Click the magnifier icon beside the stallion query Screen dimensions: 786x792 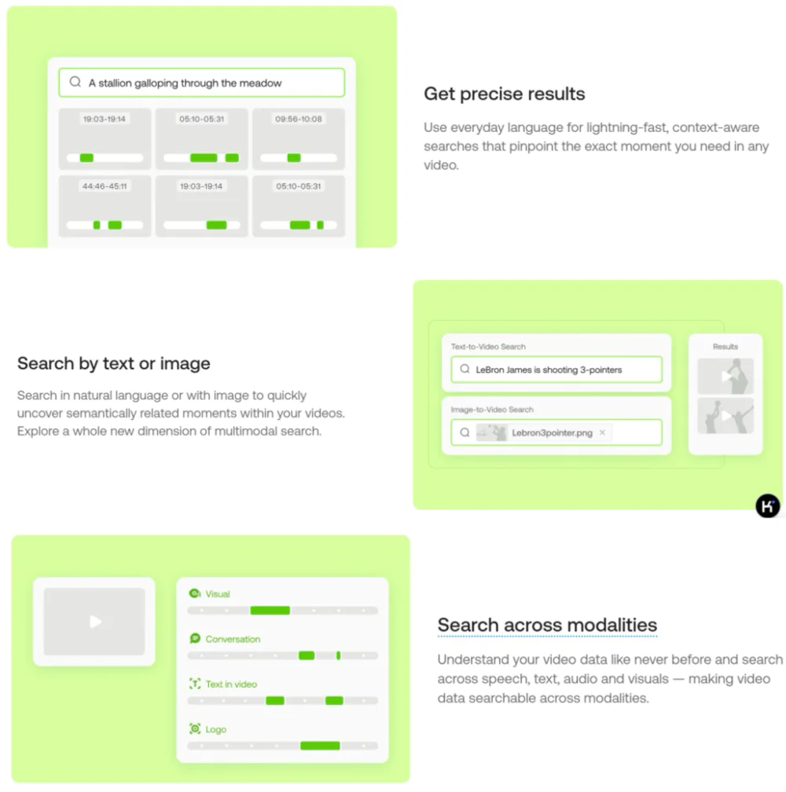pos(75,82)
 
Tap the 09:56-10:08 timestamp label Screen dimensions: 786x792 pos(299,120)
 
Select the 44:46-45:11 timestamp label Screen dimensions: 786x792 pos(105,186)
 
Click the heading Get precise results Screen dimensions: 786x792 pos(505,94)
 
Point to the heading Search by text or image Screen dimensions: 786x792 pos(114,363)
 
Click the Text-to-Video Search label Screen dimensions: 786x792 pos(488,347)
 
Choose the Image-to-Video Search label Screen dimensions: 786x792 pos(492,410)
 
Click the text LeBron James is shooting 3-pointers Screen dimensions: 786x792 pos(549,370)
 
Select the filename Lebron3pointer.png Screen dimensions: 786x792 pos(553,433)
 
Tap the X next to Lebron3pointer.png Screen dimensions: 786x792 pos(602,433)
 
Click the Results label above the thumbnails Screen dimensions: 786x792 pos(725,347)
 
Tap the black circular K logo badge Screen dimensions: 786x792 pos(768,506)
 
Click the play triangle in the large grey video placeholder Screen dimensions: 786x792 pos(95,621)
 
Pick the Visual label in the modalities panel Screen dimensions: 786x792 pos(218,594)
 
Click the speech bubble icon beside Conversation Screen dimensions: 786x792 pos(195,639)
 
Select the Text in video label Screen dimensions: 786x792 pos(231,684)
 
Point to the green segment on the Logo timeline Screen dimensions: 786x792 pos(320,746)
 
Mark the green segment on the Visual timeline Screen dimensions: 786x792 pos(270,610)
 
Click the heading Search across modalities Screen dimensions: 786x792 pos(547,624)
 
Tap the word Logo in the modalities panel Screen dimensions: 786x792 pos(216,730)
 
